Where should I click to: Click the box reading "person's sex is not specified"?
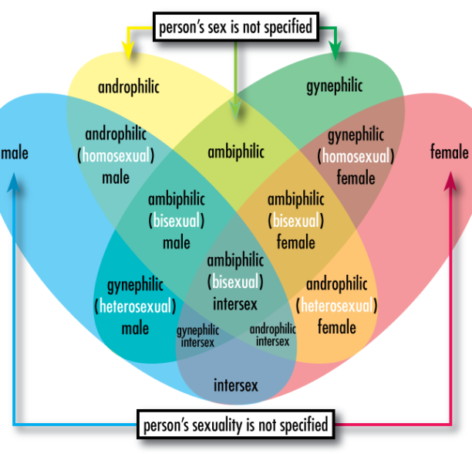(x=236, y=27)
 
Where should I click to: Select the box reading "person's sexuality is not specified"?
(x=236, y=424)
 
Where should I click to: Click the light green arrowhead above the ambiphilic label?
(x=235, y=108)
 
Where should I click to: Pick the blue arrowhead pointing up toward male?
(x=14, y=182)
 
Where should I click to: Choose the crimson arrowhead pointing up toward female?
(x=450, y=181)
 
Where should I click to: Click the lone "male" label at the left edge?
(x=15, y=153)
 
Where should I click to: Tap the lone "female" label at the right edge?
(x=450, y=151)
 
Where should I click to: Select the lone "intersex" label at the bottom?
(x=236, y=385)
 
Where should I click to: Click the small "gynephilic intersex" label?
(x=197, y=336)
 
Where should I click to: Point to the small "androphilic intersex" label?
(x=273, y=335)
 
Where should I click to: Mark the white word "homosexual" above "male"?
(x=116, y=156)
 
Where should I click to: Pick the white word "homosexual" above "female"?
(x=356, y=157)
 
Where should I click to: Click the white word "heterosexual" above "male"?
(x=135, y=307)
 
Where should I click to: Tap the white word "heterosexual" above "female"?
(x=336, y=306)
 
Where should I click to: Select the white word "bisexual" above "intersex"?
(x=235, y=282)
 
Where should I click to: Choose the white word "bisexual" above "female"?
(x=296, y=221)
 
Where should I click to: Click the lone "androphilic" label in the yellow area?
(x=129, y=87)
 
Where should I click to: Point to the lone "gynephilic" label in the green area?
(x=335, y=86)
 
